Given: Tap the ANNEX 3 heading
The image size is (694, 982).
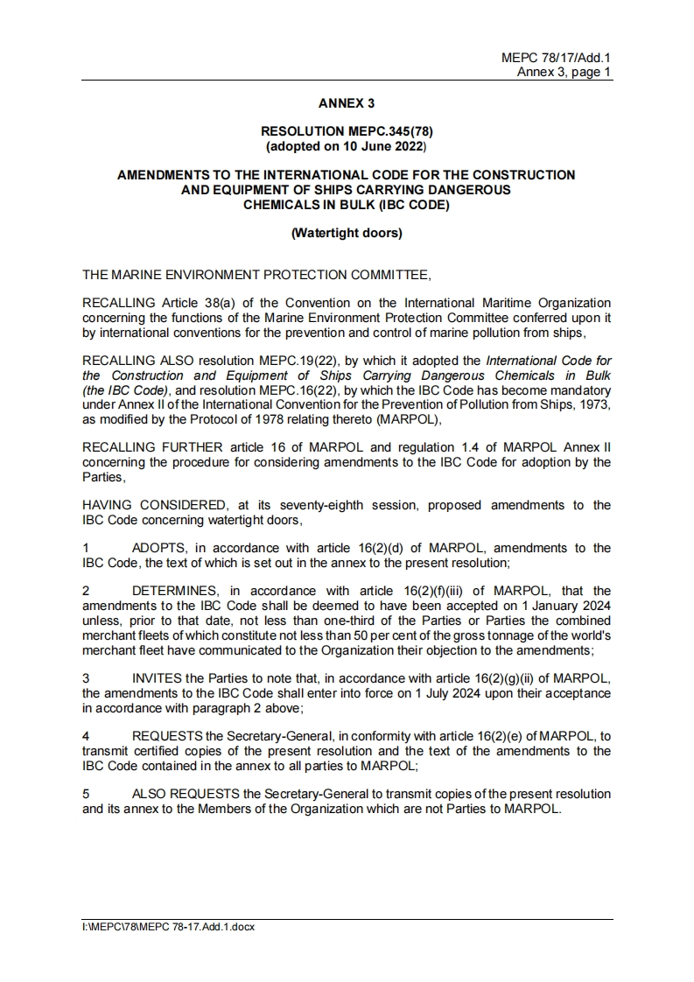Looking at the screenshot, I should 347,103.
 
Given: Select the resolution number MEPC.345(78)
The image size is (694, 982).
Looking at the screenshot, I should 347,131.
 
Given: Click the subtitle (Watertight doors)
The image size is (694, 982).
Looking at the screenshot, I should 347,234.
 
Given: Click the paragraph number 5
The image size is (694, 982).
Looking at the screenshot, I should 86,794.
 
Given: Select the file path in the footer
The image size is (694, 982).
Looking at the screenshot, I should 168,926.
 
